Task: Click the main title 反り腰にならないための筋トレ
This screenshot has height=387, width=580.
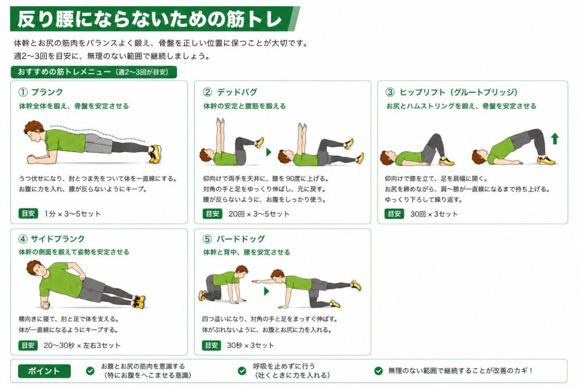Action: (x=150, y=19)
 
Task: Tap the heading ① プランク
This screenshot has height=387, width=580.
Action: (x=41, y=92)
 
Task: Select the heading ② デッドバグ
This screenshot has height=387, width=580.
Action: (x=230, y=92)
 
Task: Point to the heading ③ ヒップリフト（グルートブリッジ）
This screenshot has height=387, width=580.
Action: (x=451, y=92)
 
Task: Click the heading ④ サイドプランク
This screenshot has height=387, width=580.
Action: (x=52, y=239)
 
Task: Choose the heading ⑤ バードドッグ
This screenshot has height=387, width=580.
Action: (x=234, y=239)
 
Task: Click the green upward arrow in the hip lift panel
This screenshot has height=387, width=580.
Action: (x=555, y=139)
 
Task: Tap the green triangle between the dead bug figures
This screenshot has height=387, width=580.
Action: (x=269, y=152)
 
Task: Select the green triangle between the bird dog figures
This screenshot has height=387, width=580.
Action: (x=266, y=291)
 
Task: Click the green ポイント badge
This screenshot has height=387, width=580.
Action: (x=44, y=371)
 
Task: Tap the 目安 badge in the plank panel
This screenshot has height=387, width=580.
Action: (x=28, y=214)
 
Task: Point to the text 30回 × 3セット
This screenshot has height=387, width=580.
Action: (x=434, y=214)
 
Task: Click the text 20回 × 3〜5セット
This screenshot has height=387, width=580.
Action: (x=259, y=214)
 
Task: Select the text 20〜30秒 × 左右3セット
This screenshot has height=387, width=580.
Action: (x=82, y=345)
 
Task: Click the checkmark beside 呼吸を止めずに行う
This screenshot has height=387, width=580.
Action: (x=242, y=371)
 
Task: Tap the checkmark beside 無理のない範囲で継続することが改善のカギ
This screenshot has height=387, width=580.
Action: (x=378, y=371)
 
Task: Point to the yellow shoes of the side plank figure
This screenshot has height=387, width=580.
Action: (x=139, y=301)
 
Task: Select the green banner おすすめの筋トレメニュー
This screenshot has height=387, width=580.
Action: (x=93, y=72)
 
